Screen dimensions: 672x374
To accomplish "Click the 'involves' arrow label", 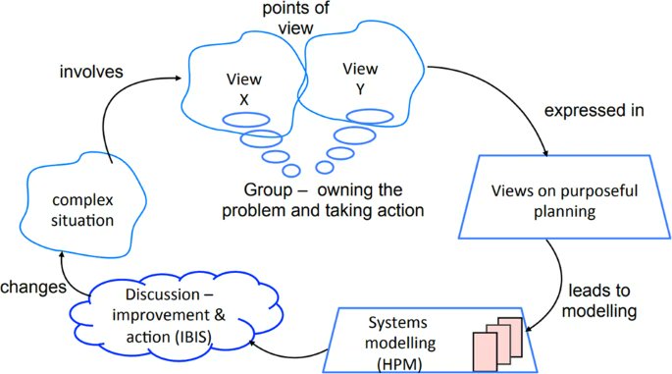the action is click(91, 72).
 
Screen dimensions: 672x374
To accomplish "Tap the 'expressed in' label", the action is click(594, 111).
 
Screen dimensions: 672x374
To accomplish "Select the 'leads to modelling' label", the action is click(599, 300).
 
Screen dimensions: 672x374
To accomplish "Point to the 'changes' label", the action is click(33, 287).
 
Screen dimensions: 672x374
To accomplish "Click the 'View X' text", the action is click(244, 89).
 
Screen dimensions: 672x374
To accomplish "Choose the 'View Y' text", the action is click(360, 79).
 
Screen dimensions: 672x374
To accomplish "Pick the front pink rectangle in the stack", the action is click(486, 351).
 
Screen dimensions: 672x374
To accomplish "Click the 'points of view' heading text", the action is click(295, 18).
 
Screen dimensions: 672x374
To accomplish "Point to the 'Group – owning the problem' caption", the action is click(323, 200).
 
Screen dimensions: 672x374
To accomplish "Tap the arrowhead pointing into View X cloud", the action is click(179, 78).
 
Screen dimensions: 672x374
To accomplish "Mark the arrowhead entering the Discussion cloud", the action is click(252, 343).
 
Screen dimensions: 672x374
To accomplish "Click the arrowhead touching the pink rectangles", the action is click(529, 329).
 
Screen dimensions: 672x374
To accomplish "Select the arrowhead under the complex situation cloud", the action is click(62, 255).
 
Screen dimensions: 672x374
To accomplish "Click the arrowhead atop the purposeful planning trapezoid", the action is click(545, 153).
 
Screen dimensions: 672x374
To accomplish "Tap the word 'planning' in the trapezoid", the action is click(564, 212).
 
